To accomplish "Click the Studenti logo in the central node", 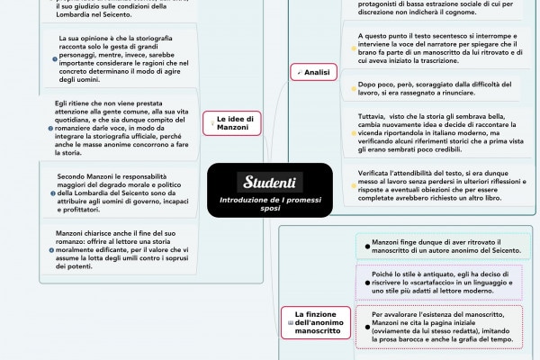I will pyautogui.click(x=269, y=182).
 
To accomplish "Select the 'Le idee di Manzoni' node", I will pyautogui.click(x=238, y=123).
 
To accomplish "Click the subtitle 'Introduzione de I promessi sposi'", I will pyautogui.click(x=269, y=203).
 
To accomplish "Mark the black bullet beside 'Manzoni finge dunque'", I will pyautogui.click(x=362, y=244).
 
